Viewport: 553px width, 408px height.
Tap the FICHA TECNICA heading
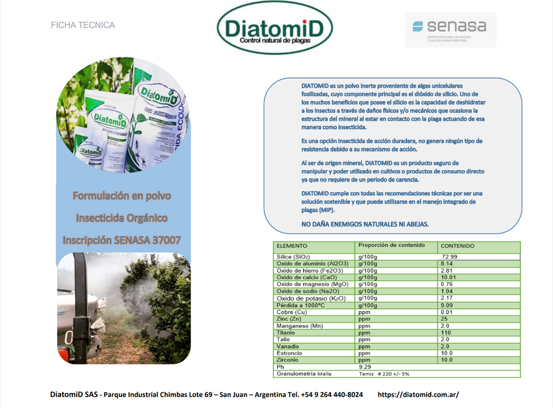pos(83,25)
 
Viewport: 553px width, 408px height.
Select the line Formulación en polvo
pos(122,196)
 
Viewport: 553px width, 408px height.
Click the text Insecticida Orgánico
pos(122,218)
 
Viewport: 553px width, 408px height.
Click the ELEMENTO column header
pos(292,246)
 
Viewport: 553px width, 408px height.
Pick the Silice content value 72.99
pos(449,257)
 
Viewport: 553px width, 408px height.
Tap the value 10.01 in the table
pos(449,277)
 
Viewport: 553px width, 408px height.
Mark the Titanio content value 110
pos(446,333)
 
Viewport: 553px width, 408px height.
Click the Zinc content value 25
pos(444,319)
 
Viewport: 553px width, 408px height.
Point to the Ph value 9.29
pos(366,367)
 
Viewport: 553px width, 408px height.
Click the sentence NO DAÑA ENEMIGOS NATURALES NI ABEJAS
pos(365,224)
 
